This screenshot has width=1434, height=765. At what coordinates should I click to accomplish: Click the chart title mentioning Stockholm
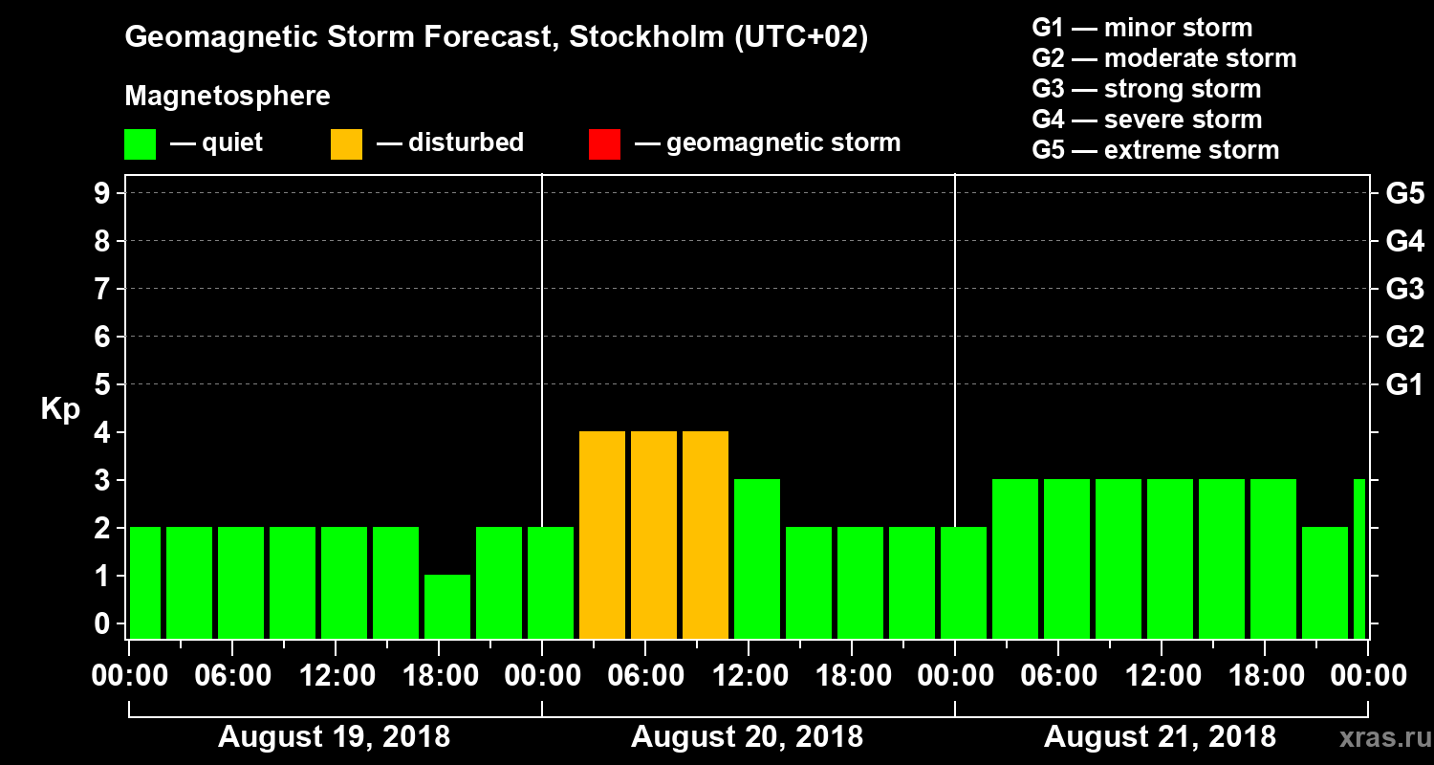496,38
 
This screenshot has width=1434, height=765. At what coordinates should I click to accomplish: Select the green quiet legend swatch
140,144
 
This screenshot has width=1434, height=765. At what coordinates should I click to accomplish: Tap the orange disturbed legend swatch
346,144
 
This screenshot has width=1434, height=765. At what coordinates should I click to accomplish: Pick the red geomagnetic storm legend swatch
604,144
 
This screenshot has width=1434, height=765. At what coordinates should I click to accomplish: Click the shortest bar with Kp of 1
447,606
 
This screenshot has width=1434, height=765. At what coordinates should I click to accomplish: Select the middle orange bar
654,535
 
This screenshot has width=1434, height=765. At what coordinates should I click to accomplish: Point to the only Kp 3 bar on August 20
757,558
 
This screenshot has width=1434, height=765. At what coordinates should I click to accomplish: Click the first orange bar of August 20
602,535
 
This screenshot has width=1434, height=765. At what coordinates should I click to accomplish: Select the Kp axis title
60,409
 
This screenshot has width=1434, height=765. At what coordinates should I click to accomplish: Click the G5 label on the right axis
1404,194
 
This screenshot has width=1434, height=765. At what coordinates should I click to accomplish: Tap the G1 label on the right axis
1404,385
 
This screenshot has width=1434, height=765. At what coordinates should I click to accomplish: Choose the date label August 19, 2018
334,737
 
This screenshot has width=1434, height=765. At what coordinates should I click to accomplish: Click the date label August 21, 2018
1160,737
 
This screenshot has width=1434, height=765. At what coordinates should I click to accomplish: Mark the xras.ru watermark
1377,737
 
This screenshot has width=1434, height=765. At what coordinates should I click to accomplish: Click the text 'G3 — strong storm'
1146,89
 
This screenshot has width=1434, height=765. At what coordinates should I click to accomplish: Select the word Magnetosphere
228,97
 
